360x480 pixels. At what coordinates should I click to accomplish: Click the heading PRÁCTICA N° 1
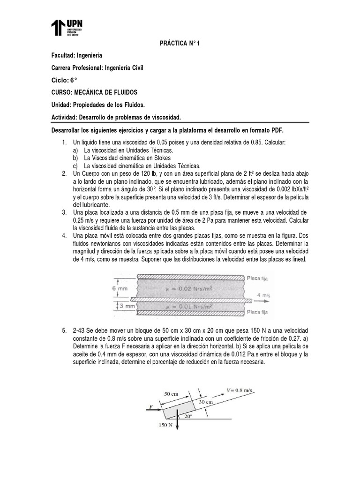(x=180, y=44)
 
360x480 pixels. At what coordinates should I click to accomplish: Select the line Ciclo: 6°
(x=67, y=80)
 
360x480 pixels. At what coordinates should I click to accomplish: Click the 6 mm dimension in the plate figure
(x=120, y=289)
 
